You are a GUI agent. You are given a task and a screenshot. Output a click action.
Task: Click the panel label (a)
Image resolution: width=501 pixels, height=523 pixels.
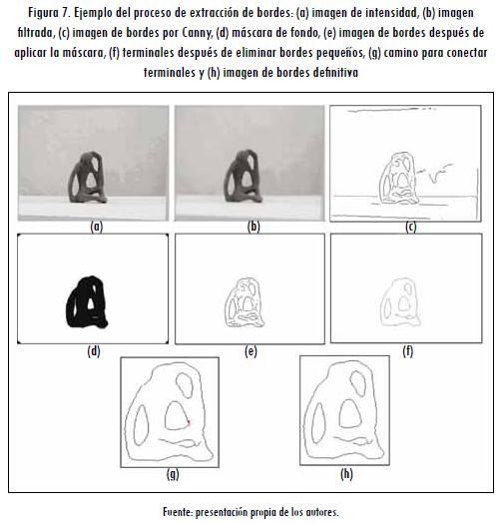click(97, 227)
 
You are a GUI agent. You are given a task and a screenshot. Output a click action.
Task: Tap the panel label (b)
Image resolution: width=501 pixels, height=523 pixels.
click(253, 227)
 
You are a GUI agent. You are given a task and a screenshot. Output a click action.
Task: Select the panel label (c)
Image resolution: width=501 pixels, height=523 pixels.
click(410, 227)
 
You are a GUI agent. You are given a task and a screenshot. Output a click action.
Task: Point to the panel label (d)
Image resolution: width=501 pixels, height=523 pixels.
click(94, 351)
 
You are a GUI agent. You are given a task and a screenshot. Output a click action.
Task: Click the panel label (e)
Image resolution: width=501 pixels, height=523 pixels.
click(250, 351)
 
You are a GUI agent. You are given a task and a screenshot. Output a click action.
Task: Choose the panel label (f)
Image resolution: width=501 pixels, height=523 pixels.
click(408, 351)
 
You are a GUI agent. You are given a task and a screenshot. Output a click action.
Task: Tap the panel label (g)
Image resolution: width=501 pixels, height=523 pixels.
click(173, 474)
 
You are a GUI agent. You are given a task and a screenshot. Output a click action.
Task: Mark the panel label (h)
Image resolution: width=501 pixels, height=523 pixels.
click(346, 474)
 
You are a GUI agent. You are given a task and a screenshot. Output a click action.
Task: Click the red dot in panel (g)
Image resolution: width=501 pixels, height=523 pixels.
click(189, 422)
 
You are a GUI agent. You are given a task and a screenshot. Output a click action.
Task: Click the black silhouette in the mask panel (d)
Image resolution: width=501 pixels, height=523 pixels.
click(88, 302)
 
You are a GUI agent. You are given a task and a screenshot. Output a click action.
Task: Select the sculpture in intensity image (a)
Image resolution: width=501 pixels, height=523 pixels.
click(88, 177)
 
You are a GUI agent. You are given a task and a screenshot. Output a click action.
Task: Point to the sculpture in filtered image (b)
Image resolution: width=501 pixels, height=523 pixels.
click(244, 176)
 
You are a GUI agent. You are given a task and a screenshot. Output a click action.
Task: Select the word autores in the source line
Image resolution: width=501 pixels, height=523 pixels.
click(322, 512)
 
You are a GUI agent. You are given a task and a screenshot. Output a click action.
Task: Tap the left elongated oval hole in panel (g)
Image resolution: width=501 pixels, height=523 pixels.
click(141, 425)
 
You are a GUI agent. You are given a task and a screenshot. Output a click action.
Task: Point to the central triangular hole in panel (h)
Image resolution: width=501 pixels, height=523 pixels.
click(349, 414)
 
